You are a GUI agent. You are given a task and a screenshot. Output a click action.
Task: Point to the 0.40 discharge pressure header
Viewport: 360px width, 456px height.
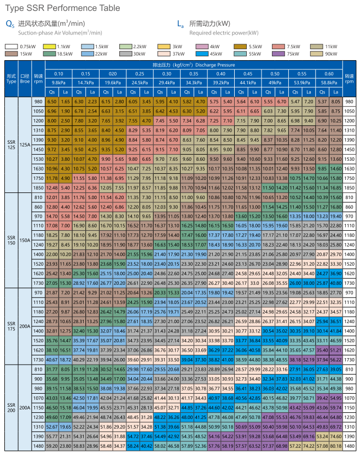[220, 74]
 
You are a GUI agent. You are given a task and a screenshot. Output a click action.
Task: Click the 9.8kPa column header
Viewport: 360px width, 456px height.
[59, 82]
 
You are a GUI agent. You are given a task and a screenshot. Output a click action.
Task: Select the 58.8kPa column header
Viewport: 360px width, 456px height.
[329, 82]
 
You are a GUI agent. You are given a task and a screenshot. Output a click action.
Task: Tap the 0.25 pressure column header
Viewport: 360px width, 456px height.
[140, 74]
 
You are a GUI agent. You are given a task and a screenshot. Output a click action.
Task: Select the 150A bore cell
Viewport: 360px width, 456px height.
[25, 240]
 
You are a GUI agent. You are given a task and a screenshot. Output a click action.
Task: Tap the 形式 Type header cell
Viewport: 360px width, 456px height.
[11, 78]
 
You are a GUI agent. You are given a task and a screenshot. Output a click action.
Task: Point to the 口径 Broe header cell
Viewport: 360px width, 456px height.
[25, 78]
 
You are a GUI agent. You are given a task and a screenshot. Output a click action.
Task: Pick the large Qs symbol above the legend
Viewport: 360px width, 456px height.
[10, 25]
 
